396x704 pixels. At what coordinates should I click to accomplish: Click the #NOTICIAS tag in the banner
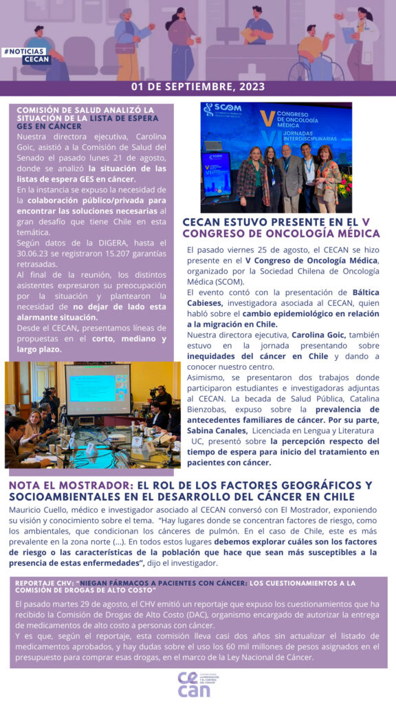pyautogui.click(x=25, y=52)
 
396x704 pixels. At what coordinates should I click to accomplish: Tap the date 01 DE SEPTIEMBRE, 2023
pyautogui.click(x=198, y=87)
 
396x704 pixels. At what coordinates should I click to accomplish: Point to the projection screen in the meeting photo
pyautogui.click(x=97, y=390)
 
